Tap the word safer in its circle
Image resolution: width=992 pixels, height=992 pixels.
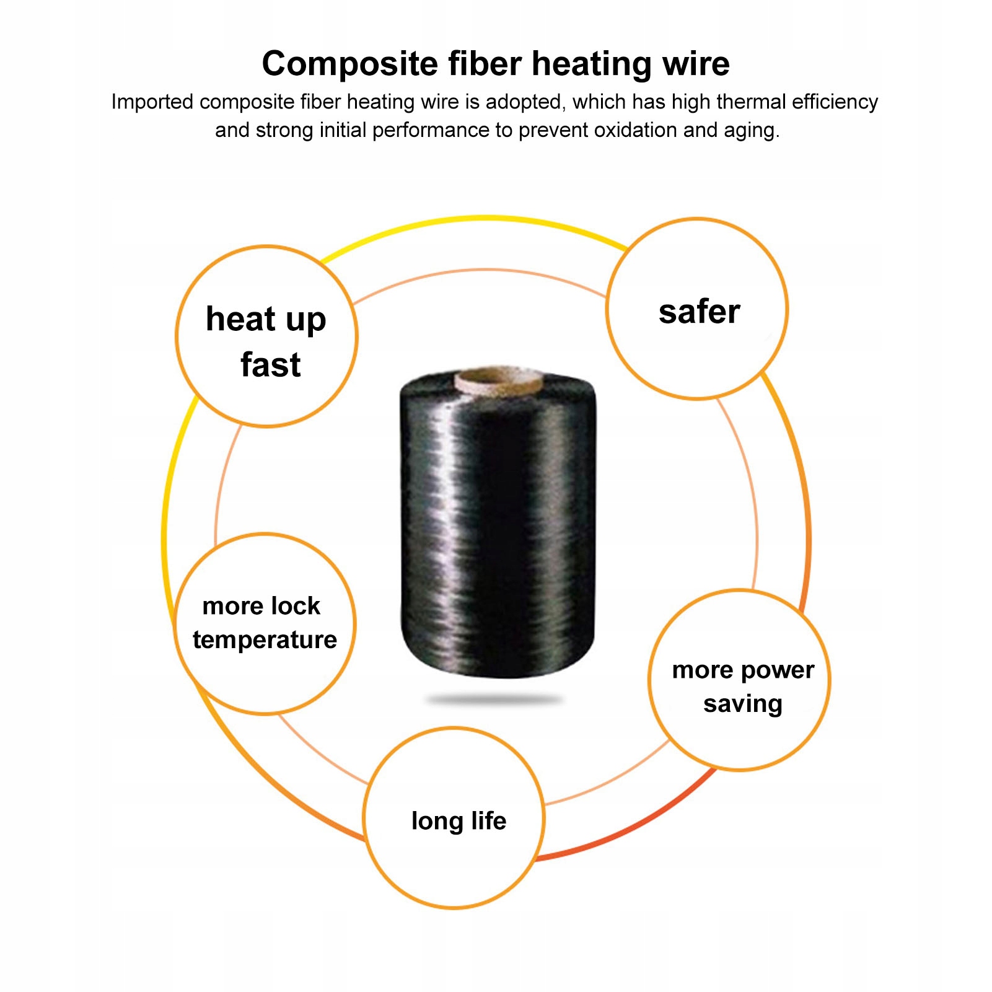point(699,312)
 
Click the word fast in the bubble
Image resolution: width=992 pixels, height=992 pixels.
point(270,364)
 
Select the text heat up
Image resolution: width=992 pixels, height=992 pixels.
point(266,320)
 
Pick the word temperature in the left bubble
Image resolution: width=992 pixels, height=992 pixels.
point(265,639)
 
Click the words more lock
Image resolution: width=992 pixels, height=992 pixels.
point(261,606)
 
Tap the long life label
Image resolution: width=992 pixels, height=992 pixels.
point(459,821)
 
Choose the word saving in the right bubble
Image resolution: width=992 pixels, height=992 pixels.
point(742,704)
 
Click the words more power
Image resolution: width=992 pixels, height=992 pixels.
point(743,670)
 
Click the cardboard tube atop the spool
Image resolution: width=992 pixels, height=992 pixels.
point(499,379)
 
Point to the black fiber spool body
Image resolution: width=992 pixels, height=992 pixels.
point(498,527)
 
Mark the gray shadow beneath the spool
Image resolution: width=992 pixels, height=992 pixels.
point(494,700)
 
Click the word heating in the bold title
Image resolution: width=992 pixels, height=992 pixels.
point(591,64)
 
